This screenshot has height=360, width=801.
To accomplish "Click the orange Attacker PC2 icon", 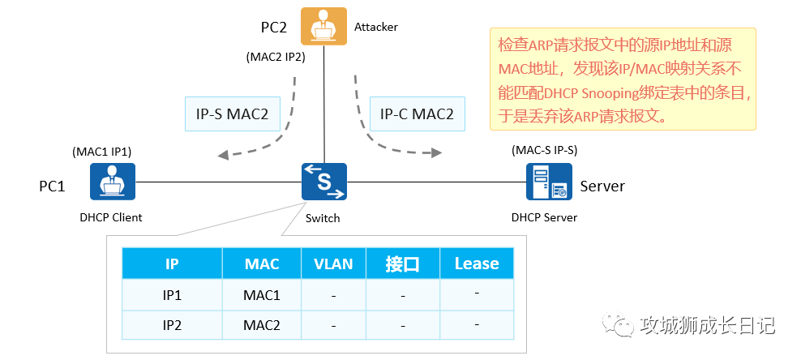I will click(323, 26).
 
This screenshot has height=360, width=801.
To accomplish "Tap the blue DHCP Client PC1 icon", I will click(112, 182).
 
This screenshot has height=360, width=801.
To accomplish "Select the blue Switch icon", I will click(324, 182).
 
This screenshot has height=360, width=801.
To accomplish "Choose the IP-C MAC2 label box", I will click(417, 114).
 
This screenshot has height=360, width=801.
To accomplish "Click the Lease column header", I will click(477, 264).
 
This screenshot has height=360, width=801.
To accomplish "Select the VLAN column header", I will click(333, 264).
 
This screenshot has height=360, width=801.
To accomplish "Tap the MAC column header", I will click(261, 264).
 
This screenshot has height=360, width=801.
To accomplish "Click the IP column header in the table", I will click(172, 264).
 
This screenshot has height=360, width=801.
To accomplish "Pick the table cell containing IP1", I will click(172, 295).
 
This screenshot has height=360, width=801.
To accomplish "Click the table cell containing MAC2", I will click(261, 325).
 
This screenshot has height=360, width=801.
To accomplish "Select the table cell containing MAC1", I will click(261, 295).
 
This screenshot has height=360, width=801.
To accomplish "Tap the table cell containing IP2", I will click(172, 325).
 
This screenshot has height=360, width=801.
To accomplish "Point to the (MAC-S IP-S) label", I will click(544, 150).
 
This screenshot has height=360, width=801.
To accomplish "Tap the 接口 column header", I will click(403, 264).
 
